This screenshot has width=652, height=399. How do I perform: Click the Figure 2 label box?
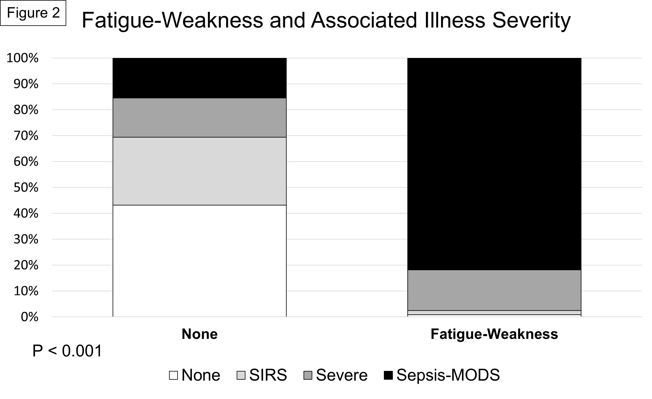tap(33, 13)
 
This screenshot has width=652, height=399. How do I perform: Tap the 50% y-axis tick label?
tap(26, 188)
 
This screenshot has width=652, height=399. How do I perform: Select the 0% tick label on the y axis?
tap(29, 317)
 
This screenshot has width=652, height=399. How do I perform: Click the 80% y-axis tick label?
tap(26, 110)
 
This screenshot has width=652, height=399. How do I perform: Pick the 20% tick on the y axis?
tap(26, 265)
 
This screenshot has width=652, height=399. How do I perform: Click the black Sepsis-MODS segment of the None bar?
tap(199, 78)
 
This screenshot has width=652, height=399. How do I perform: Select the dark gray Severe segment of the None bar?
tap(199, 118)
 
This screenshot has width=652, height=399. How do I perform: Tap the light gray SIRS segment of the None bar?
tap(199, 171)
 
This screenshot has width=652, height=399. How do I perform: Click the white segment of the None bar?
tap(199, 261)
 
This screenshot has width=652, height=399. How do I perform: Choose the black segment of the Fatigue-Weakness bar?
tap(494, 164)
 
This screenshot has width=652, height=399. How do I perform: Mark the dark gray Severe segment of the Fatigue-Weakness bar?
tap(494, 290)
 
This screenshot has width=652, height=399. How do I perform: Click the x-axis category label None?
tap(199, 334)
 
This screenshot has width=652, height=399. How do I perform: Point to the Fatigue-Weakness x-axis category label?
tap(494, 334)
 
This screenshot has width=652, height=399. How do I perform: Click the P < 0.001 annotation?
tap(67, 351)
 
